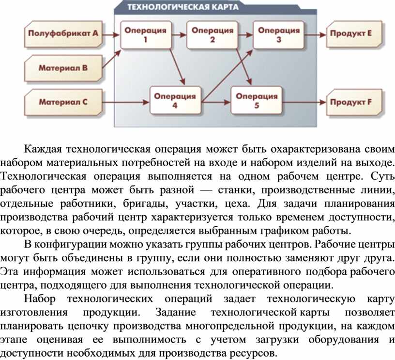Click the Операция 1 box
pyautogui.click(x=146, y=35)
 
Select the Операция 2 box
pyautogui.click(x=213, y=35)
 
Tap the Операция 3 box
pyautogui.click(x=279, y=35)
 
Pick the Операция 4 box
pyautogui.click(x=175, y=100)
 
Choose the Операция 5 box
pyautogui.click(x=257, y=100)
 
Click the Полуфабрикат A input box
pyautogui.click(x=63, y=34)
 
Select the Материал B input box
pyautogui.click(x=63, y=68)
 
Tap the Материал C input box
pyautogui.click(x=63, y=102)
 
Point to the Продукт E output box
pyautogui.click(x=354, y=34)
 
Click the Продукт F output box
pyautogui.click(x=354, y=102)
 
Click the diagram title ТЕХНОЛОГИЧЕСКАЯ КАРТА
pyautogui.click(x=183, y=7)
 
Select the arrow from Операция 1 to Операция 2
pyautogui.click(x=179, y=35)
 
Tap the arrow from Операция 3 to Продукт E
pyautogui.click(x=315, y=35)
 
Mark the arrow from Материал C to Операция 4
pyautogui.click(x=126, y=102)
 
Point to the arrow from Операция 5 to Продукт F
pyautogui.click(x=304, y=102)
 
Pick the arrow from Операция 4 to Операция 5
pyautogui.click(x=216, y=102)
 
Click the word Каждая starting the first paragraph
pyautogui.click(x=43, y=149)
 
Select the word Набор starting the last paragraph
pyautogui.click(x=40, y=299)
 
